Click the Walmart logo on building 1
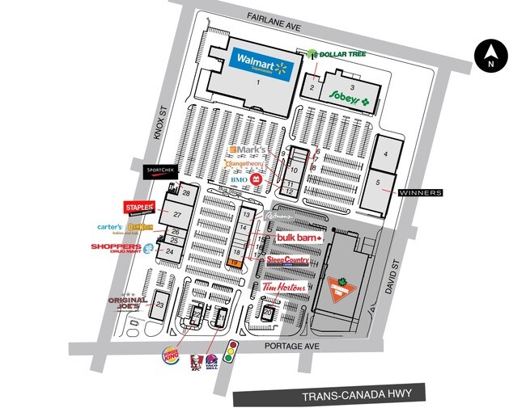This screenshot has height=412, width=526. coord(259,62)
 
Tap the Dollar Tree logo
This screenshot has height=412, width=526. coord(337,54)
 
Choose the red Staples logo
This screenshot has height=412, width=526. coord(138,208)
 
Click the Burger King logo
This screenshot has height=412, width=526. coord(172,354)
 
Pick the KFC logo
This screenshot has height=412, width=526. coord(195,364)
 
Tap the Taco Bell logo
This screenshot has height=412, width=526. coord(211,364)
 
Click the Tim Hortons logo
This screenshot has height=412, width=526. coord(281,289)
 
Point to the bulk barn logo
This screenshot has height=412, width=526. coord(299,238)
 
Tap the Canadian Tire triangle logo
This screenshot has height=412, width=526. coord(341,288)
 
